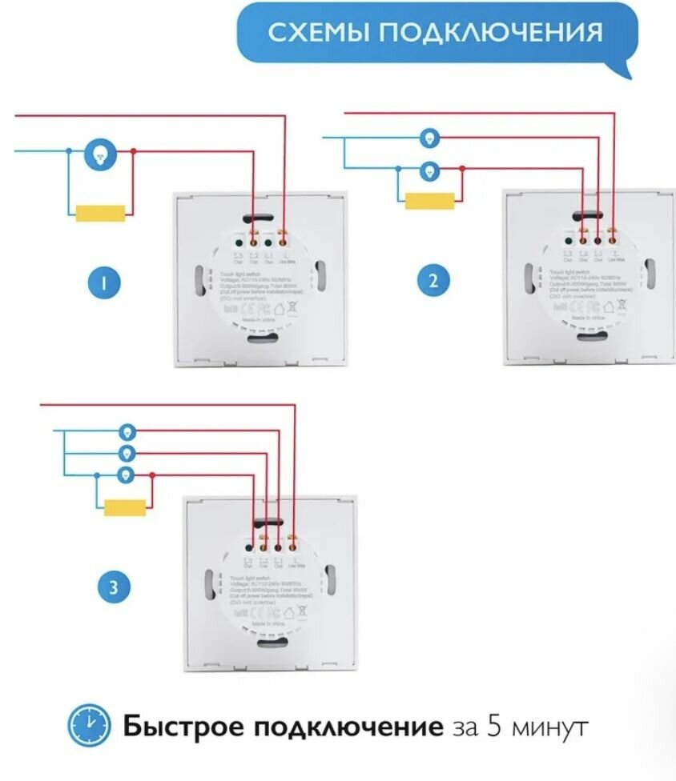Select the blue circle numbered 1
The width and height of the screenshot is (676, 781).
pyautogui.click(x=105, y=281)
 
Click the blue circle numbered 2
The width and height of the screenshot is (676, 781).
pyautogui.click(x=433, y=279)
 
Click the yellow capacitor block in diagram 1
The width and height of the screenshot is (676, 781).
pyautogui.click(x=100, y=213)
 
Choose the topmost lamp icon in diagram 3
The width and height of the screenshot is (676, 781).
pyautogui.click(x=126, y=432)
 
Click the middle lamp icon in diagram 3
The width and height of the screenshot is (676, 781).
pyautogui.click(x=126, y=454)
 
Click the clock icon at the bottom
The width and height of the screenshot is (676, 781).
pyautogui.click(x=89, y=726)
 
